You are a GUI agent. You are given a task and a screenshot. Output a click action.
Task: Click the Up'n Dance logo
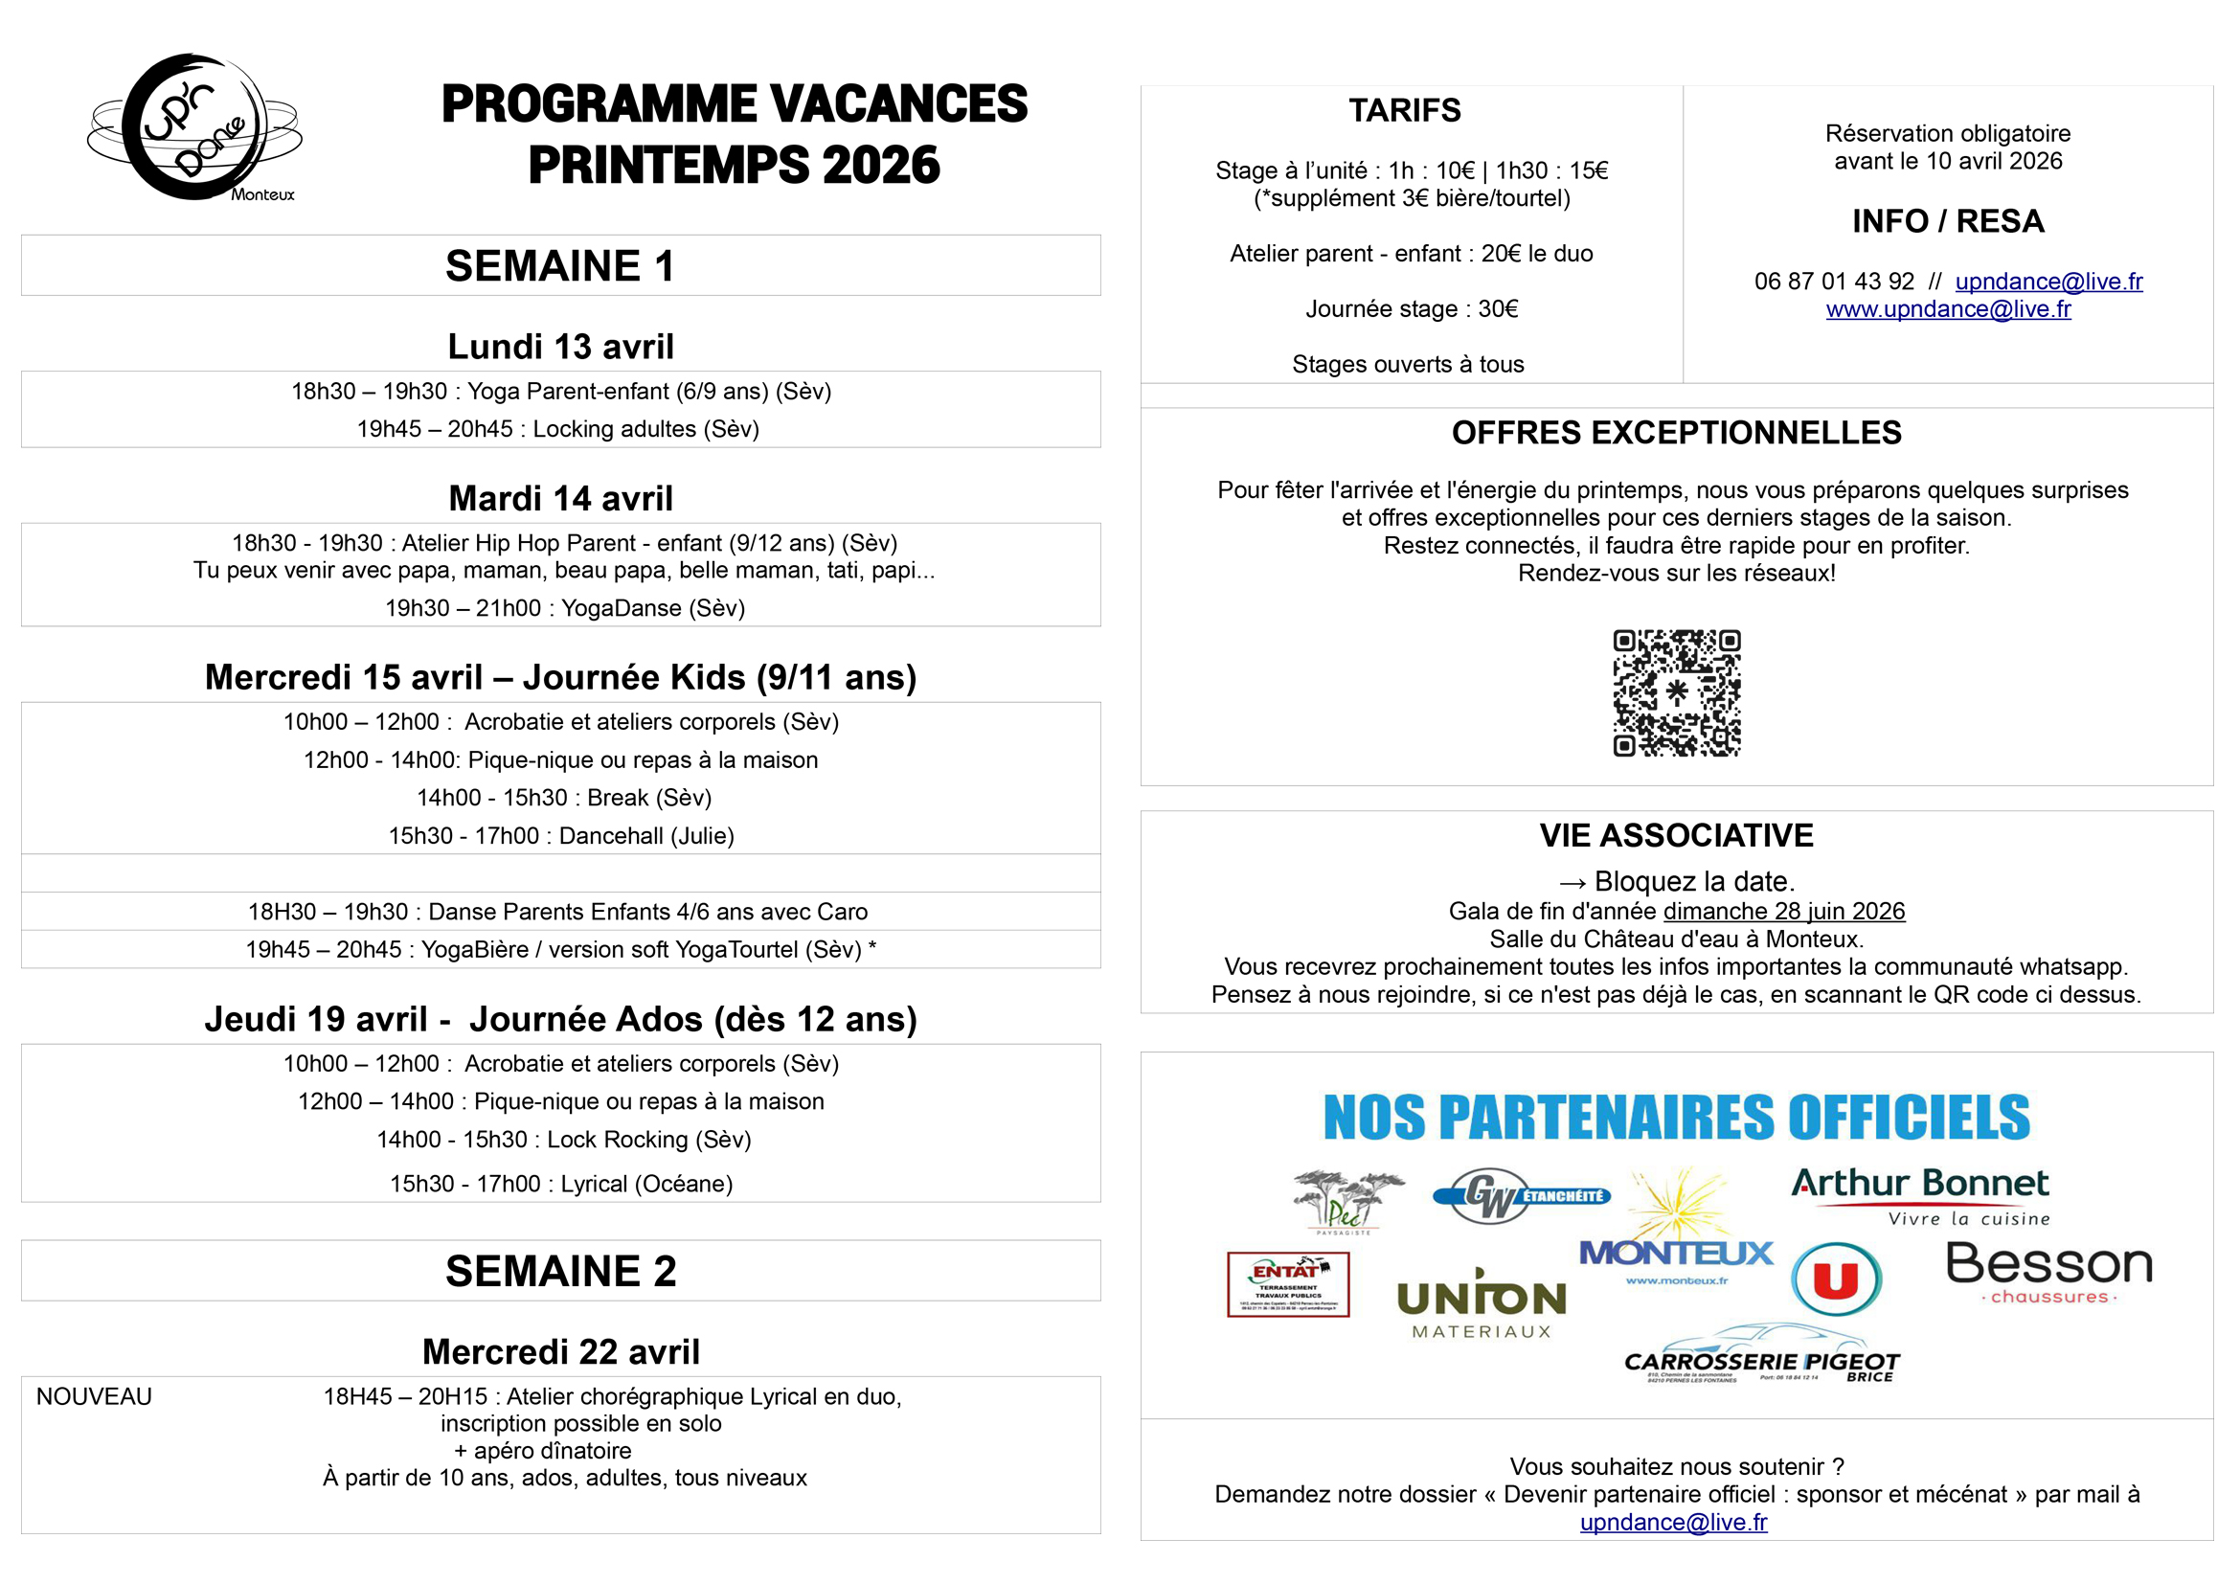point(195,127)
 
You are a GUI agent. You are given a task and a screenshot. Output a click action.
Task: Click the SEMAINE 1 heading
point(560,266)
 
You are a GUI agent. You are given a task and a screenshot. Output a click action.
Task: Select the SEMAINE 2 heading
point(560,1271)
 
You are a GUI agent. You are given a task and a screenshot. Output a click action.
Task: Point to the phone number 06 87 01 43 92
point(1833,282)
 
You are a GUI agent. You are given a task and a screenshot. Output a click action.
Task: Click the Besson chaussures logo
point(2048,1272)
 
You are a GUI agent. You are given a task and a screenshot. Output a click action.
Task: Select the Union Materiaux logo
point(1481,1305)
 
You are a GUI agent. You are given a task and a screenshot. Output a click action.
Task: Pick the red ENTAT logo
point(1288,1284)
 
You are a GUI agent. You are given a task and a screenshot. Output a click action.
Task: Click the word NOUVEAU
point(94,1396)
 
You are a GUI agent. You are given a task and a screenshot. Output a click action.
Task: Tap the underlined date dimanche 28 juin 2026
point(1783,911)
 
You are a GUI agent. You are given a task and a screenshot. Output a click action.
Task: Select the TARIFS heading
point(1405,110)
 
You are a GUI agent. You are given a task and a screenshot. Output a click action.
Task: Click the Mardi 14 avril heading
point(560,498)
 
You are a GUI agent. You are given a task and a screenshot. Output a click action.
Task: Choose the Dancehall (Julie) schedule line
point(561,836)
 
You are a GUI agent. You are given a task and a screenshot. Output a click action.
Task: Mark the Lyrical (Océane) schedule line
point(561,1184)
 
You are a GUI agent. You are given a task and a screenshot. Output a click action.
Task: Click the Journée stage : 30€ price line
point(1412,309)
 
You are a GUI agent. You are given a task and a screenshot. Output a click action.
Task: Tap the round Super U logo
point(1836,1279)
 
